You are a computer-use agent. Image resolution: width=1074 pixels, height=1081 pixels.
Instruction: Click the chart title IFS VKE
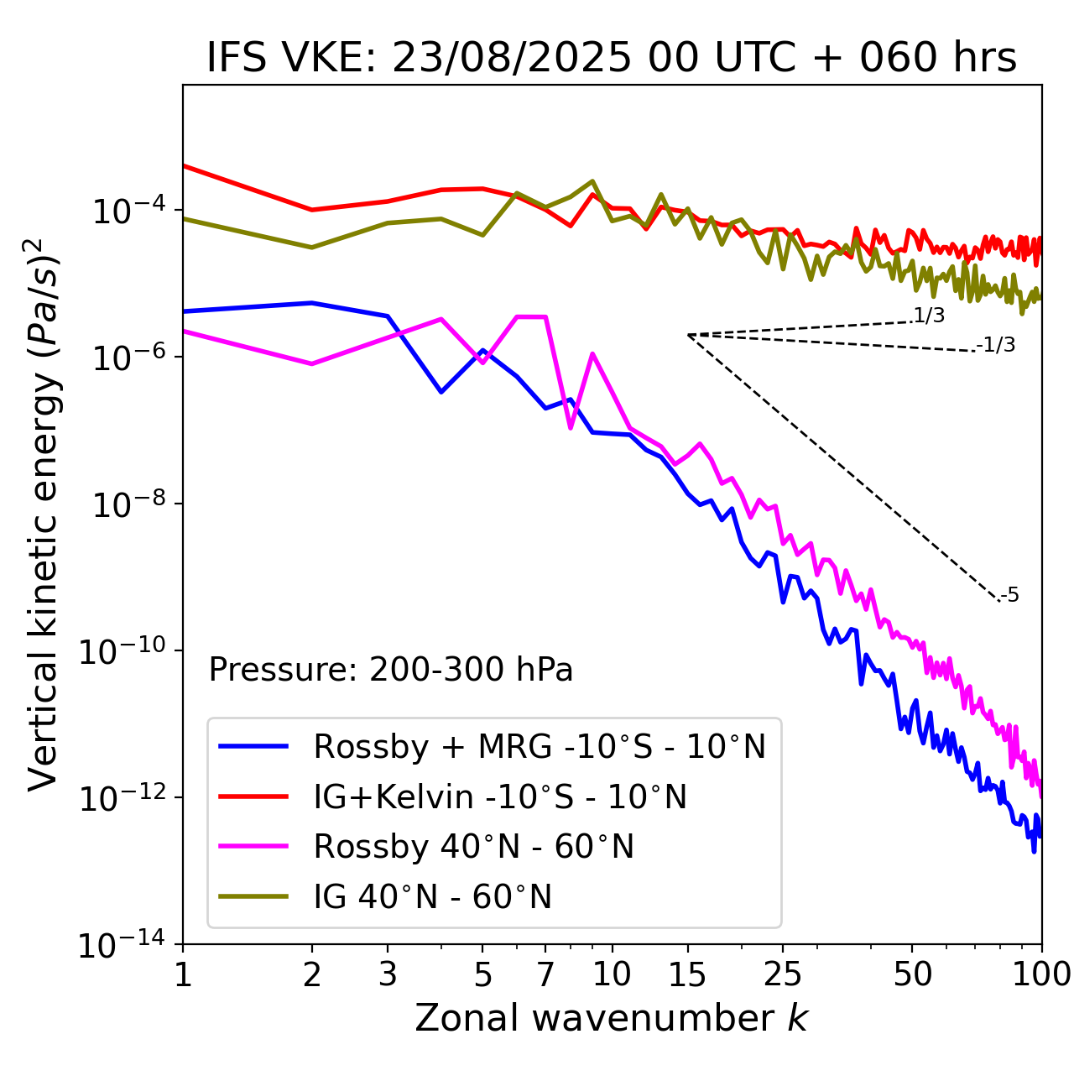point(612,58)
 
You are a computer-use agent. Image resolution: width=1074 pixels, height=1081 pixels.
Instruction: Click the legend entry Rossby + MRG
point(539,746)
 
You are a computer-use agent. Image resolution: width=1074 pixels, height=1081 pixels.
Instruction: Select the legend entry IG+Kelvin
point(500,796)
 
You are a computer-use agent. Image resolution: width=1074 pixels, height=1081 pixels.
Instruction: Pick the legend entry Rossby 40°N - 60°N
point(473,847)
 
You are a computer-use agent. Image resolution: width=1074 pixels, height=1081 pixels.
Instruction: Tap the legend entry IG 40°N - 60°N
point(432,897)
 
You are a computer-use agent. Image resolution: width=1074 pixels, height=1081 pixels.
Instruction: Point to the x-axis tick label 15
point(687,974)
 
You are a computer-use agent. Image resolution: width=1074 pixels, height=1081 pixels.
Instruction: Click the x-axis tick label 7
point(545,974)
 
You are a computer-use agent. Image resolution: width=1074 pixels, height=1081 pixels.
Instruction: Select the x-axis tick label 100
point(1041,974)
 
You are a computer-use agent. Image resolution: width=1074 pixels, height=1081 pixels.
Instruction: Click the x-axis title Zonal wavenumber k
point(612,1018)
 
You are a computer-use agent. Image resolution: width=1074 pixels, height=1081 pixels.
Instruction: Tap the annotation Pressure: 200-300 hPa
point(390,670)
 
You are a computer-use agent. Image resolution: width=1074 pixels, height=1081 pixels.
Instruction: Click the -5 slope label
point(1009,595)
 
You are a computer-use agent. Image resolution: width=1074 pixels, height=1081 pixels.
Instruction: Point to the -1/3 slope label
point(996,344)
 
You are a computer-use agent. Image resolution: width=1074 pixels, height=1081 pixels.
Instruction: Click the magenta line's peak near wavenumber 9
point(592,354)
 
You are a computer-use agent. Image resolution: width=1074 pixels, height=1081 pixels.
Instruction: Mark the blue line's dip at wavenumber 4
point(441,392)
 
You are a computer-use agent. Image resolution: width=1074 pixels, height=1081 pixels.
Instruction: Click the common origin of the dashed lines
point(687,335)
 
